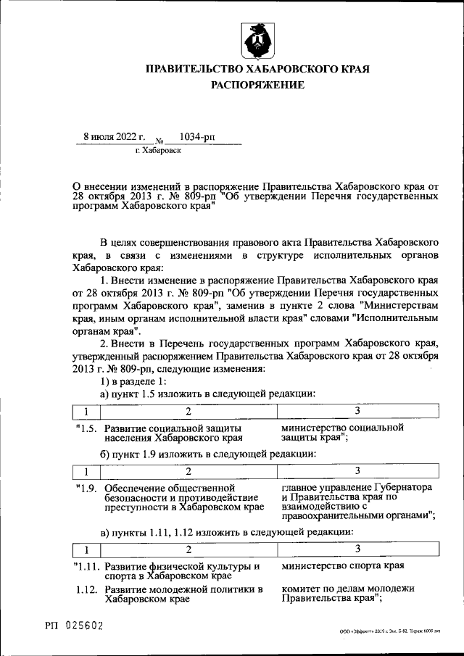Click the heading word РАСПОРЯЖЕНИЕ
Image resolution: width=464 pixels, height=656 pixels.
pyautogui.click(x=258, y=85)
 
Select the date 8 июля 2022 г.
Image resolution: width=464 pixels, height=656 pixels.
pyautogui.click(x=115, y=136)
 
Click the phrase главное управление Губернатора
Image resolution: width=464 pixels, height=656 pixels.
pyautogui.click(x=357, y=487)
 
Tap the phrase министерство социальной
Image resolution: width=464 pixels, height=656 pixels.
pyautogui.click(x=342, y=428)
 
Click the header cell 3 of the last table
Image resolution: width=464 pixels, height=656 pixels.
pyautogui.click(x=357, y=549)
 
